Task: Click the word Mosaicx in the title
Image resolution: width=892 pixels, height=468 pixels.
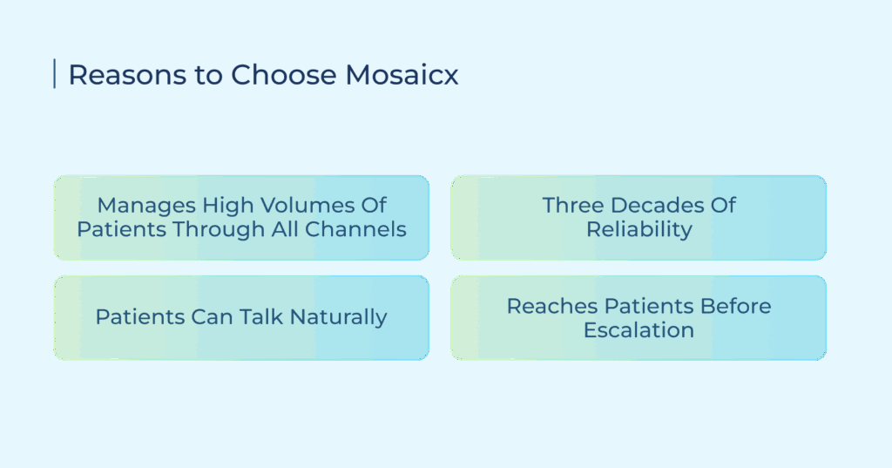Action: click(x=402, y=75)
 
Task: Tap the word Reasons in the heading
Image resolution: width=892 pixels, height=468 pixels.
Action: click(x=127, y=75)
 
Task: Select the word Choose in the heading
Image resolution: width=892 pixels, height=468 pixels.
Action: click(x=283, y=75)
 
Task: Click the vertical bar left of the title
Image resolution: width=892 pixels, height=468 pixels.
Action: click(x=55, y=73)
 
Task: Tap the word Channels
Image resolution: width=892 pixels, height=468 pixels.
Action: click(x=355, y=229)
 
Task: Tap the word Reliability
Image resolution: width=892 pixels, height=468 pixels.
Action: click(x=639, y=230)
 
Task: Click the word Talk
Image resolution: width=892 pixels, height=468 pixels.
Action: click(x=260, y=316)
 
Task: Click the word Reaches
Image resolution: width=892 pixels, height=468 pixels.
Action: click(x=551, y=306)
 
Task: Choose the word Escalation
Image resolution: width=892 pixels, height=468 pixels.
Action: click(x=639, y=330)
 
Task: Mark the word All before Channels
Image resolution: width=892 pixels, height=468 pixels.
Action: click(x=285, y=229)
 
